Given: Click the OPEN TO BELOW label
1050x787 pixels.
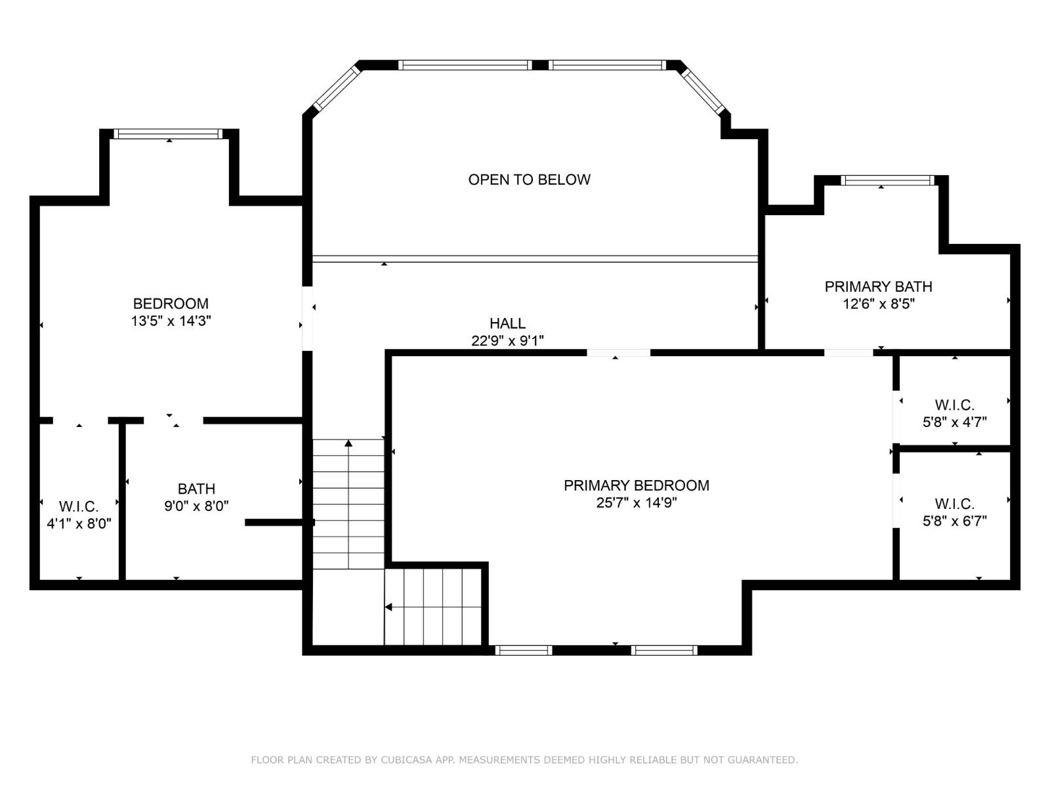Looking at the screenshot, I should [x=529, y=180].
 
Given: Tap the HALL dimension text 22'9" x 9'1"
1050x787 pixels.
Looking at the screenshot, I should [x=507, y=341].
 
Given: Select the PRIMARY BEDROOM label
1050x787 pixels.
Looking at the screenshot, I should [x=636, y=485].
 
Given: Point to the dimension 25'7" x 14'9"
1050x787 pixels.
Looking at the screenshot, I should [x=636, y=503].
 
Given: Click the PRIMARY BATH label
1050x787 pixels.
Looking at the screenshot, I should [x=878, y=287].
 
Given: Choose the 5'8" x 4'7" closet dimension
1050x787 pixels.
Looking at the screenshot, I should [x=954, y=422].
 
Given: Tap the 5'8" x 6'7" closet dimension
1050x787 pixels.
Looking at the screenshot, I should [x=954, y=521].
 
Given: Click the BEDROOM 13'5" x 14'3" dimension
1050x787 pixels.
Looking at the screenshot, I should [x=171, y=321].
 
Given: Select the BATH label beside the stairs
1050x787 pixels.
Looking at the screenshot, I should [x=196, y=489].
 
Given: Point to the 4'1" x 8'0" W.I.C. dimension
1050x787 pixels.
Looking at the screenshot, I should [x=79, y=524].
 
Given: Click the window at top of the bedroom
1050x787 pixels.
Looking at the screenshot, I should [x=168, y=134].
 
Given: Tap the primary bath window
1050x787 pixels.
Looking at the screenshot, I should [x=887, y=180].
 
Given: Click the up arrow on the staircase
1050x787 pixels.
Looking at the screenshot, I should [x=348, y=444].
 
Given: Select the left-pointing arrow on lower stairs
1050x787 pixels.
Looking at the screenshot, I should [x=388, y=607].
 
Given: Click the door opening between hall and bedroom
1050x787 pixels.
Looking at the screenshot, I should [x=307, y=318].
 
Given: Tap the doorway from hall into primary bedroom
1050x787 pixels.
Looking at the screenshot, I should [x=618, y=353].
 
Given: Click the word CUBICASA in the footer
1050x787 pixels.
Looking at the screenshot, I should [x=406, y=760].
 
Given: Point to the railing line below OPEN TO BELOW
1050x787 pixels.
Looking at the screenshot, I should [x=535, y=259].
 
